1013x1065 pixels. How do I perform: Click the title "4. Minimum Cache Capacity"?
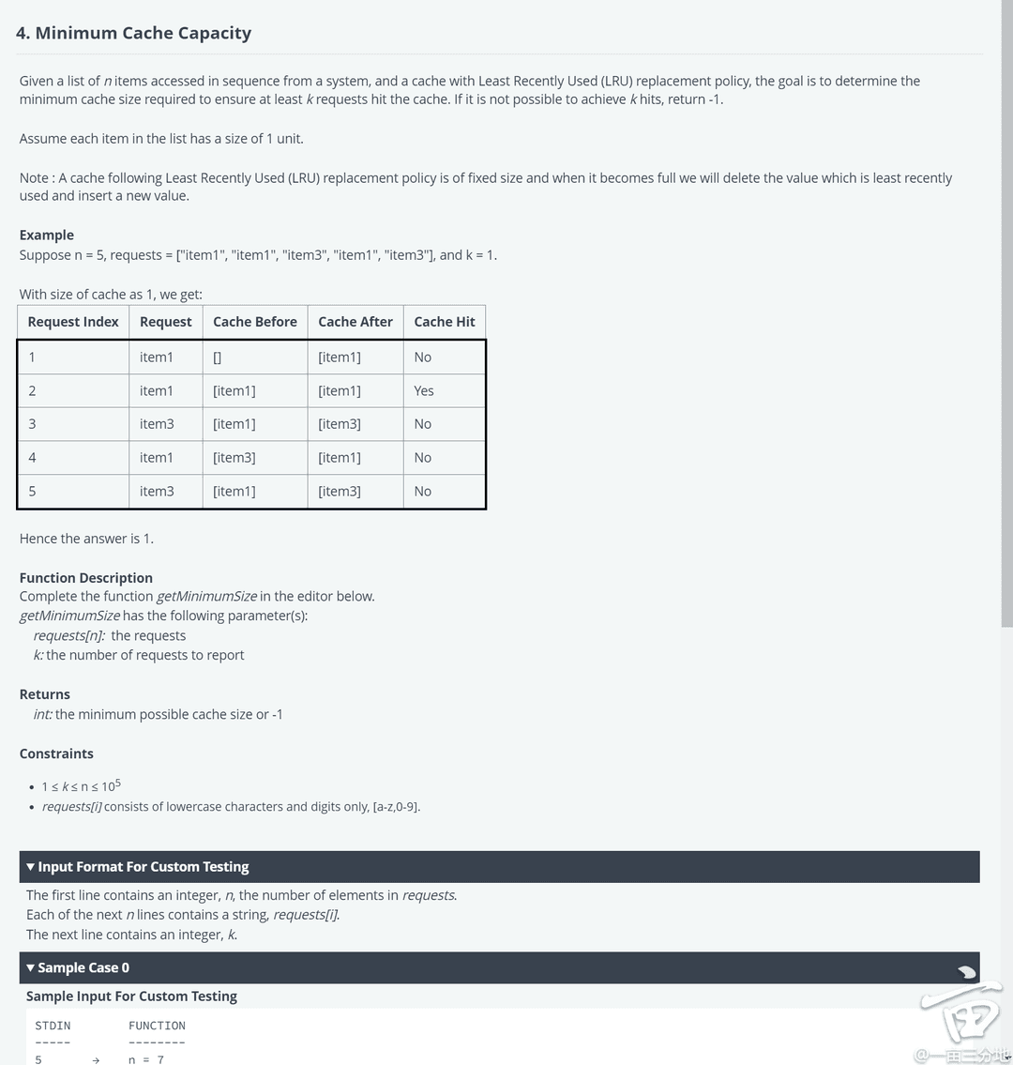click(133, 33)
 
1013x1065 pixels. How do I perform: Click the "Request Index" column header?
click(73, 322)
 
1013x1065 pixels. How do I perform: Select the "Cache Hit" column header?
click(444, 322)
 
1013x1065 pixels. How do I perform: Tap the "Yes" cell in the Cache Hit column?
click(424, 390)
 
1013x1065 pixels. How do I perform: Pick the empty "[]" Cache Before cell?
click(218, 358)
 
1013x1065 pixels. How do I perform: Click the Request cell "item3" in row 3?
click(157, 424)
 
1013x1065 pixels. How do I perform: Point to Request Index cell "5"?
click(32, 491)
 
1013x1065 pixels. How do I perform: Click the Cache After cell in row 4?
click(340, 458)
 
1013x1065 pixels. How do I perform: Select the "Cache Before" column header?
click(254, 322)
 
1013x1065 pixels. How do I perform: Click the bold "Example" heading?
click(47, 235)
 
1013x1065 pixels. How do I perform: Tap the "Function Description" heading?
click(85, 578)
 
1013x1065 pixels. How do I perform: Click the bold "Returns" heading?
click(45, 694)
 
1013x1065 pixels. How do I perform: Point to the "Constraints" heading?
click(56, 753)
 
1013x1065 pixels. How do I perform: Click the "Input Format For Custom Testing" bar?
click(143, 867)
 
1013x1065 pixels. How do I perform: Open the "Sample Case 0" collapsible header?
click(83, 968)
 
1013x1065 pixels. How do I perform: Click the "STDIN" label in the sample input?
click(53, 1026)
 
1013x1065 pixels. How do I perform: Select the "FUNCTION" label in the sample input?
click(157, 1026)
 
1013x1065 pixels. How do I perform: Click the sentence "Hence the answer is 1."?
click(86, 539)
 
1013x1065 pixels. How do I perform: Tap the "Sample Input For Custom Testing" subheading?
click(131, 997)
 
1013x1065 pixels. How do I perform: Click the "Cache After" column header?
click(355, 322)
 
